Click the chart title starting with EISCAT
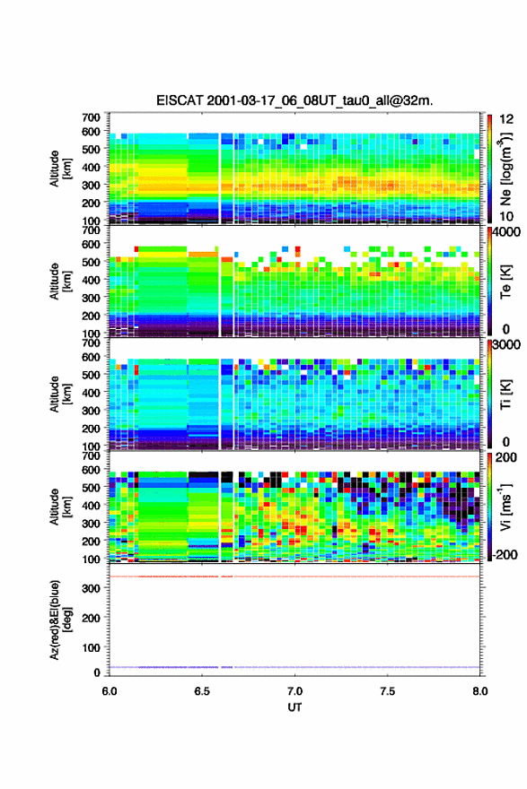pos(294,100)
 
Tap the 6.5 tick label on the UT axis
pos(201,691)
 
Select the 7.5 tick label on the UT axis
pos(387,691)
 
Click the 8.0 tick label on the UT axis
pos(480,691)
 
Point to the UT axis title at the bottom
pos(294,707)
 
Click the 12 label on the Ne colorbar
pos(507,119)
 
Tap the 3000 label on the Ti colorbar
pos(506,344)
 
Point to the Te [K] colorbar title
pos(505,282)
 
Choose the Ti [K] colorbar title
pos(505,394)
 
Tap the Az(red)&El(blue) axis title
pos(58,620)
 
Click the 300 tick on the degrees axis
pos(92,588)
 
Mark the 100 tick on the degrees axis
pos(92,647)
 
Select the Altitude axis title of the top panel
pos(58,169)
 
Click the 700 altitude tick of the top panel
pos(92,117)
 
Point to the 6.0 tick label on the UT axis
pos(110,691)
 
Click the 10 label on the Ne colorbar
pos(506,217)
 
